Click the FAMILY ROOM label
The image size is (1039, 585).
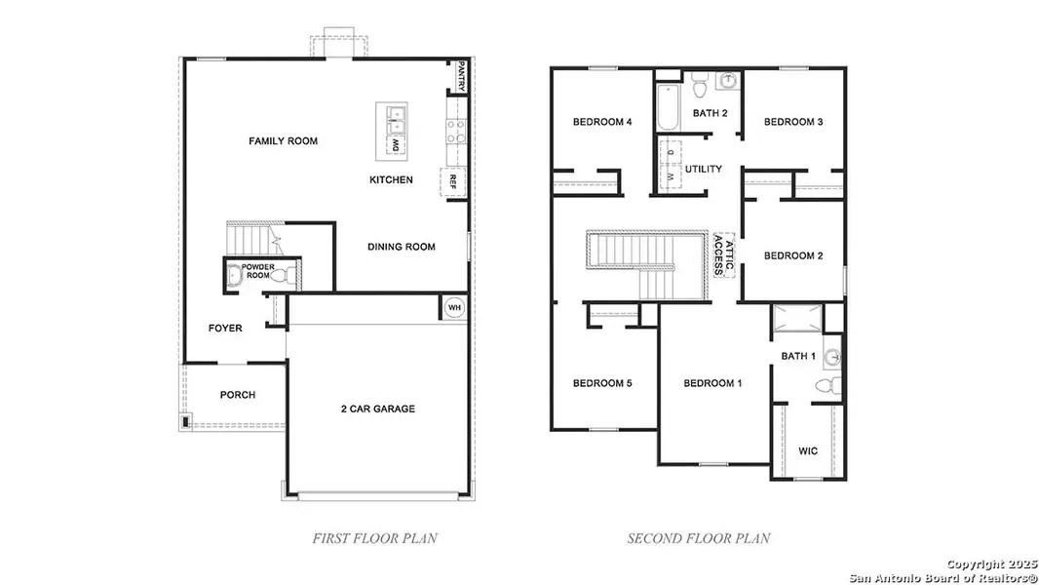pyautogui.click(x=283, y=141)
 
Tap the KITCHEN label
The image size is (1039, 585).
pyautogui.click(x=391, y=180)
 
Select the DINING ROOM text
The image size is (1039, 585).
pyautogui.click(x=402, y=247)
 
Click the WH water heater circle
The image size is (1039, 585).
pyautogui.click(x=453, y=307)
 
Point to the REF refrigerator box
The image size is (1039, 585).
pyautogui.click(x=452, y=181)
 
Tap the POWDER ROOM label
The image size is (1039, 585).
pyautogui.click(x=258, y=271)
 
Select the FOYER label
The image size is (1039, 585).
pyautogui.click(x=225, y=329)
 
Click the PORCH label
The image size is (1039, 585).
pyautogui.click(x=237, y=395)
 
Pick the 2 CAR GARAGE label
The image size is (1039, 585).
pyautogui.click(x=377, y=409)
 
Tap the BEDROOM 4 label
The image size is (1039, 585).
pyautogui.click(x=602, y=122)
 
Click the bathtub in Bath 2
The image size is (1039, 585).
pyautogui.click(x=668, y=110)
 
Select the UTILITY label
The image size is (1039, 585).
pyautogui.click(x=703, y=170)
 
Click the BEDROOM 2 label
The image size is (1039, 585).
pyautogui.click(x=793, y=255)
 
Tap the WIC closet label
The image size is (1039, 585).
pyautogui.click(x=808, y=451)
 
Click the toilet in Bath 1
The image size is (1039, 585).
pyautogui.click(x=825, y=387)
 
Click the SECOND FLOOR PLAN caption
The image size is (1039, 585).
pyautogui.click(x=698, y=538)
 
